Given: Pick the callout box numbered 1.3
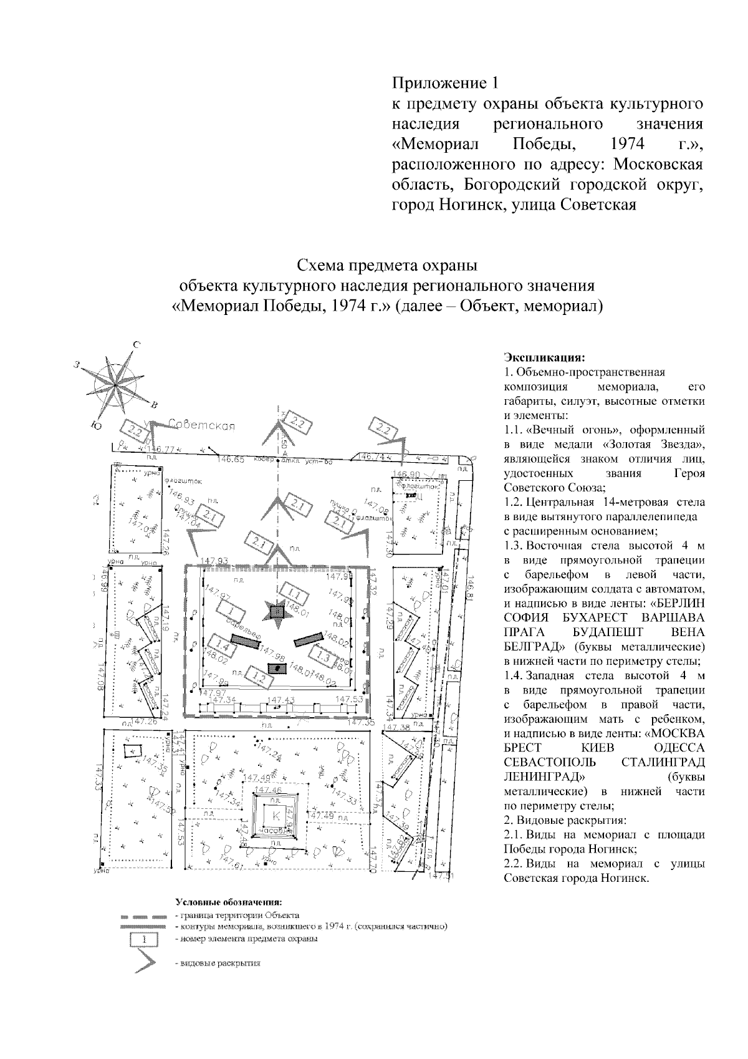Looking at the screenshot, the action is [x=324, y=657].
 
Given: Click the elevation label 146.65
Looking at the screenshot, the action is [x=231, y=460].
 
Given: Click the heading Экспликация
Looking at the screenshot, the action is [x=544, y=358].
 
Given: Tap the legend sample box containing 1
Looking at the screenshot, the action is [x=145, y=939].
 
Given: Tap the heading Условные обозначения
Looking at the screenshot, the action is [x=229, y=902].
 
